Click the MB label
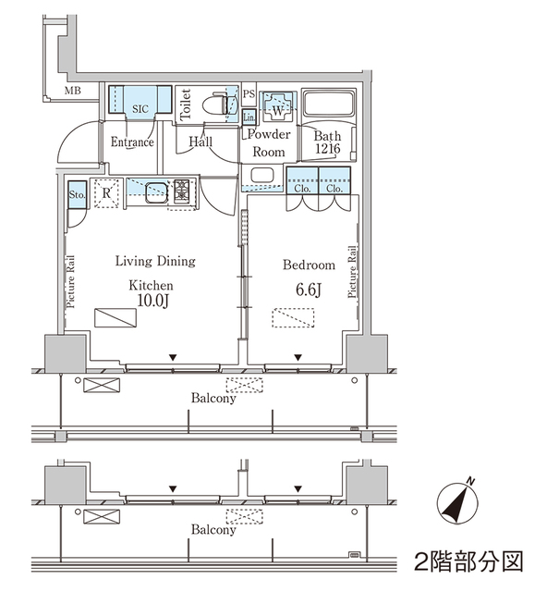coord(73,91)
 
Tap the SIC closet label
coord(140,109)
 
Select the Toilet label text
coord(186,105)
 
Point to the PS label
coord(248,95)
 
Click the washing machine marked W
coord(276,107)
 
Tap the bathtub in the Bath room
coord(328,106)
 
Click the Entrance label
coord(132,143)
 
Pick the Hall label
coord(201,142)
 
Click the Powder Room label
coord(269,143)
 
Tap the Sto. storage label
coord(77,195)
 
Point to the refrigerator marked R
coord(107,193)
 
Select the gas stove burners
coord(181,192)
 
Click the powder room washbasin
coord(261,175)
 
